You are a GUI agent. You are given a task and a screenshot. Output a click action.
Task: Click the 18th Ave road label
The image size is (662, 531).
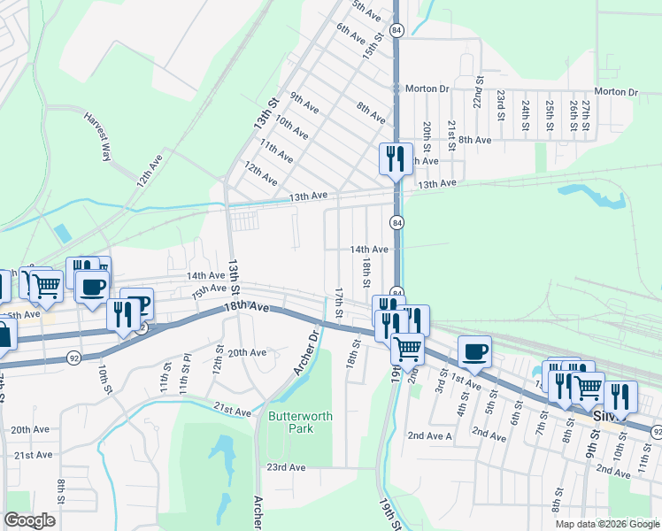click(x=247, y=306)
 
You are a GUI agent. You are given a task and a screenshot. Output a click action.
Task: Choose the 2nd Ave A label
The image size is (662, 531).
click(x=429, y=436)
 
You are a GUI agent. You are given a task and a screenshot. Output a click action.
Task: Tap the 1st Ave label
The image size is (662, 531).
click(x=466, y=378)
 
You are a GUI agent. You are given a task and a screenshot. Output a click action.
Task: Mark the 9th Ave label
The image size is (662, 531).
click(x=304, y=103)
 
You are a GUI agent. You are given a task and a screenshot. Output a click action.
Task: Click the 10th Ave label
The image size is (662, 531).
click(x=291, y=128)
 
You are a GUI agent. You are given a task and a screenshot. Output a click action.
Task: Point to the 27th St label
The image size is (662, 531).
click(x=586, y=116)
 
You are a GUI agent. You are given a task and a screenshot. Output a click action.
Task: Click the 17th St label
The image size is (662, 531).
click(x=338, y=304)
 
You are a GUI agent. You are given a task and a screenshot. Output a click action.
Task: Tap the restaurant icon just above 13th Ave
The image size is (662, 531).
click(x=395, y=159)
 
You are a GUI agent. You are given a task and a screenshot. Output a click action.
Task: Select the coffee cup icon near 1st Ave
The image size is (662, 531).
click(x=473, y=351)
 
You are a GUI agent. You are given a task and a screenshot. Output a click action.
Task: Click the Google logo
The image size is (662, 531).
click(x=29, y=520)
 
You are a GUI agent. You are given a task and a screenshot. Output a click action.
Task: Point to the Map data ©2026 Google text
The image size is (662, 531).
click(x=606, y=523)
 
